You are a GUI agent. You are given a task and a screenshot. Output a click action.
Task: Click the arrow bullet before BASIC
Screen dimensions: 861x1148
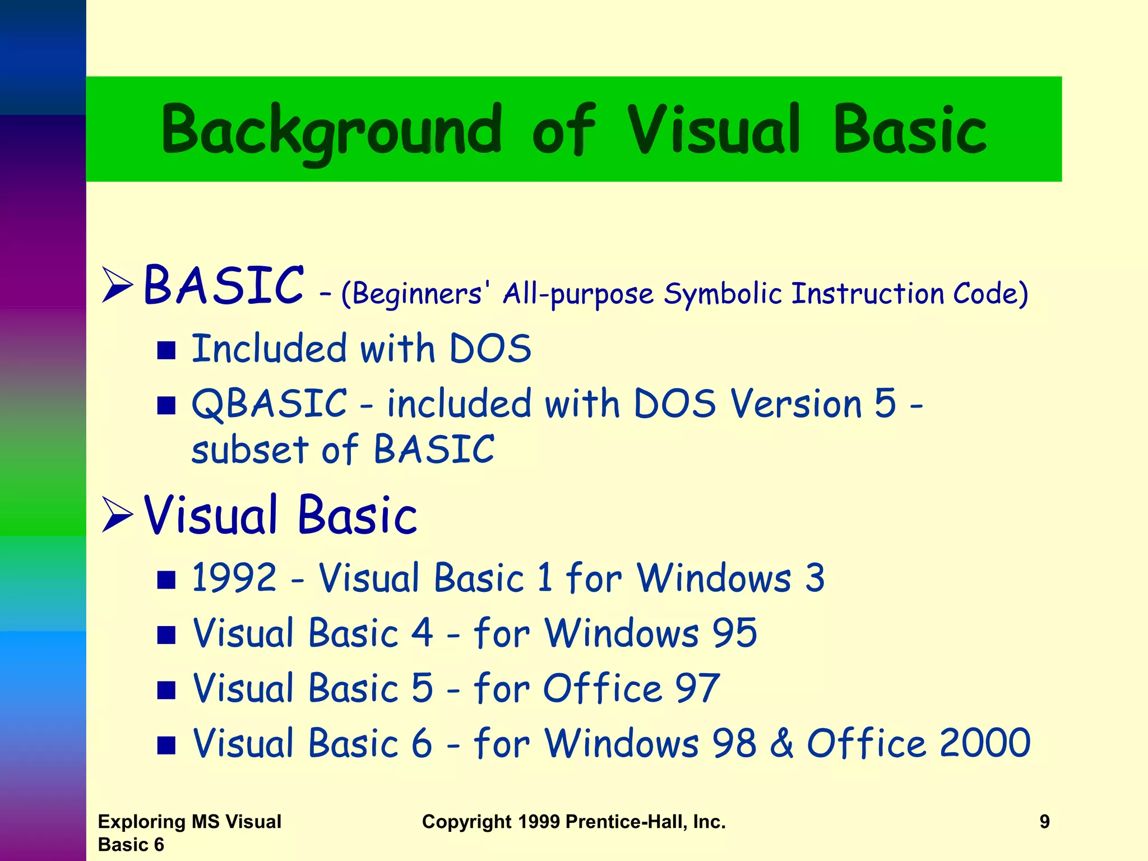(117, 285)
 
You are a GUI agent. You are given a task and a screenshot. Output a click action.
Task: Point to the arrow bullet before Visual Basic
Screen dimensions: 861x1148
(117, 515)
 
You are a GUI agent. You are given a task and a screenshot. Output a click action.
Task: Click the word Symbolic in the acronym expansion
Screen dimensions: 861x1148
(723, 294)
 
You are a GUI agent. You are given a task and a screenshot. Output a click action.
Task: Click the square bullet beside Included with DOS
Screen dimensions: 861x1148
(166, 350)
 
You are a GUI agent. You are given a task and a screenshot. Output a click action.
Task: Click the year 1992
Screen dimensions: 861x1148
(234, 577)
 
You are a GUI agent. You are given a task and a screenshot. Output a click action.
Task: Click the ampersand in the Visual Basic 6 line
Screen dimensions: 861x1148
(781, 743)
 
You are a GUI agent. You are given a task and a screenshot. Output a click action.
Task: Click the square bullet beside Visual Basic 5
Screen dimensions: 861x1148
(166, 690)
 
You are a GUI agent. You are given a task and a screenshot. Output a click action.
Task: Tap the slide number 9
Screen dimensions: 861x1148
(1044, 822)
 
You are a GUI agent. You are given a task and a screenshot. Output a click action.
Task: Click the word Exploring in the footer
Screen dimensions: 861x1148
(142, 822)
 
